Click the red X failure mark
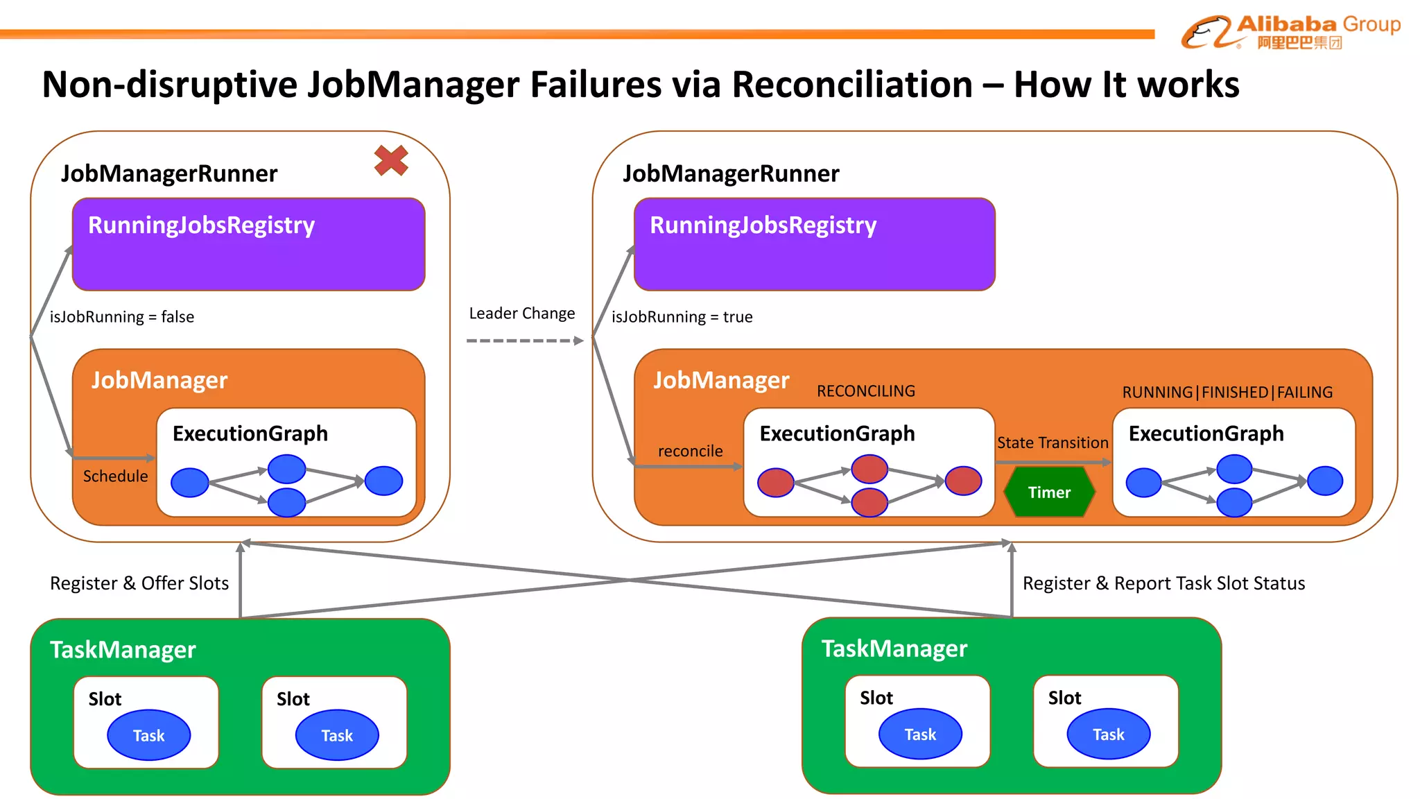click(x=391, y=160)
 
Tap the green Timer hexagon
click(x=1049, y=492)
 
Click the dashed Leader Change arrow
click(x=525, y=341)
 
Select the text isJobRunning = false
click(x=122, y=317)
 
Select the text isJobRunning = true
click(x=682, y=317)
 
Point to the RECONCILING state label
click(x=865, y=391)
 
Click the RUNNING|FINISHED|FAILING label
click(x=1227, y=393)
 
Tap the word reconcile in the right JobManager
click(x=690, y=452)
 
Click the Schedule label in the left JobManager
click(x=115, y=476)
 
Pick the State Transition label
click(x=1052, y=443)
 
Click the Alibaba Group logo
click(x=1290, y=32)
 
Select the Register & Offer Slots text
click(x=139, y=583)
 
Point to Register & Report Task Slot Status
click(x=1163, y=583)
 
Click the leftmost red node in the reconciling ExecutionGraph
click(x=775, y=483)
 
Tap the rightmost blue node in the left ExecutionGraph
click(x=383, y=481)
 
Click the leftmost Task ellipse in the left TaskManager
click(x=148, y=735)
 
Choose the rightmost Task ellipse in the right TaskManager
click(x=1108, y=734)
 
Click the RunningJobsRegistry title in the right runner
click(x=763, y=225)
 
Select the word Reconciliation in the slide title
click(x=852, y=85)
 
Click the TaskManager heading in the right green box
click(x=894, y=648)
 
